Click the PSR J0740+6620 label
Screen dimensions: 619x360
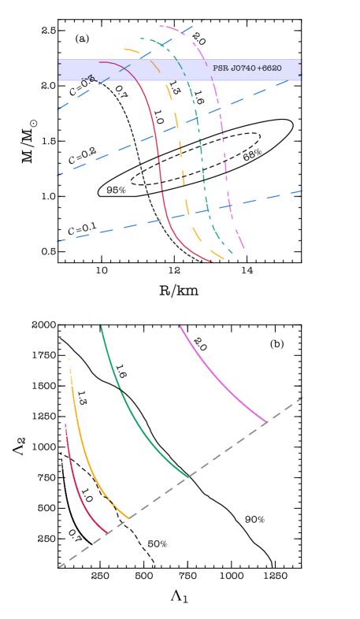click(247, 69)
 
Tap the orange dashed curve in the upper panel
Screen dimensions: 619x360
click(180, 150)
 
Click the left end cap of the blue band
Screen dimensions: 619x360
click(58, 70)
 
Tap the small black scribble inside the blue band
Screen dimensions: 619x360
click(88, 79)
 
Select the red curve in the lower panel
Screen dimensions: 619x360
click(76, 488)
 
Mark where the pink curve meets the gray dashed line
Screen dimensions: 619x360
click(268, 423)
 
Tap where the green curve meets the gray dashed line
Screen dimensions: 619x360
click(188, 476)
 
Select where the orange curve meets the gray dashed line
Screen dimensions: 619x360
click(129, 518)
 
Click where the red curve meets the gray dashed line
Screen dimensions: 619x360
click(106, 533)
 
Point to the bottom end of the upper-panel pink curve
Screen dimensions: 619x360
click(244, 249)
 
